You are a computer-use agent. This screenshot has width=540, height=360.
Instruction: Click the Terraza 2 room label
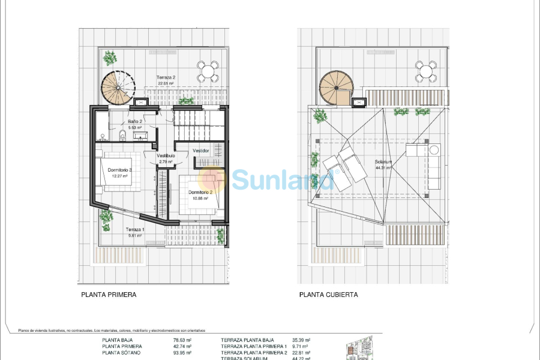[x=166, y=77]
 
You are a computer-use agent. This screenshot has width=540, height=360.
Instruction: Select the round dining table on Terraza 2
[x=208, y=71]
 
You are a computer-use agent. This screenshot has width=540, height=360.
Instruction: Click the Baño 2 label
[x=134, y=121]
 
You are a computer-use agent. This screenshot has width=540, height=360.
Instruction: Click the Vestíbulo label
[x=166, y=155]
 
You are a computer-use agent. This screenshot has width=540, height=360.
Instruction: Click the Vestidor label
[x=201, y=151]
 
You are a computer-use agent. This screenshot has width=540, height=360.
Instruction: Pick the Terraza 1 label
[x=134, y=230]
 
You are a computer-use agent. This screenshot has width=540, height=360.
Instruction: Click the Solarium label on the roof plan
[x=383, y=162]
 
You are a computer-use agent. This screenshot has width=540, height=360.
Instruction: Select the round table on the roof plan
[x=427, y=70]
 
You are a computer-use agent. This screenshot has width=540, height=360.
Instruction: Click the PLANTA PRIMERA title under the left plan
[x=109, y=295]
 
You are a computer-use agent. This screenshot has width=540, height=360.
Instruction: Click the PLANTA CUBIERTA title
[x=329, y=295]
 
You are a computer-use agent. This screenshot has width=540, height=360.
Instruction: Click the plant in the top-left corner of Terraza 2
[x=110, y=58]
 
